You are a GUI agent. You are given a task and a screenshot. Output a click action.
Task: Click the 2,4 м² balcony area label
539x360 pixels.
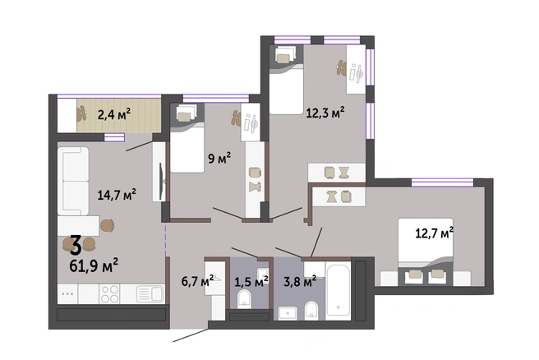coord(114,114)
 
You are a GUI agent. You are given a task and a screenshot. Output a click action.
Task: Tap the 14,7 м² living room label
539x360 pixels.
coord(117,195)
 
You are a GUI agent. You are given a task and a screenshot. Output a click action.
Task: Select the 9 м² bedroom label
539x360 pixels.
coord(219,158)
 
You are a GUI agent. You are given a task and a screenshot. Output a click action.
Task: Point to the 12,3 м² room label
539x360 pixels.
coord(325,113)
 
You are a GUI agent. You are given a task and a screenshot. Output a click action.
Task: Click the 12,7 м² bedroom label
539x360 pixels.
coord(435,233)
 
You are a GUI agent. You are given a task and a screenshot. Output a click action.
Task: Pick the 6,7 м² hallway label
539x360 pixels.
coord(198,282)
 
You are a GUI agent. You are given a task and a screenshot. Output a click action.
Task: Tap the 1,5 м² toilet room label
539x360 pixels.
coord(251,282)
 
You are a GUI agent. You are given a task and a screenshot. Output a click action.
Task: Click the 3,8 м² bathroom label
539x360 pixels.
coord(300,282)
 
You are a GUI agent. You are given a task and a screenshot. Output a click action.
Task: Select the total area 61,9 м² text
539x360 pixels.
coord(94,265)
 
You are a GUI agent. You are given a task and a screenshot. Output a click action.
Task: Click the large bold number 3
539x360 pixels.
coord(76,245)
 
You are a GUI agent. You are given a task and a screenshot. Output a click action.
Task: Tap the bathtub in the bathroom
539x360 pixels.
coord(339,289)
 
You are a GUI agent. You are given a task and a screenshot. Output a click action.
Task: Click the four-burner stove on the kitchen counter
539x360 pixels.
coord(109,294)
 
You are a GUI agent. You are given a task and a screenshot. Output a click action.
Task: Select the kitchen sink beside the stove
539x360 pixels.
coord(150,294)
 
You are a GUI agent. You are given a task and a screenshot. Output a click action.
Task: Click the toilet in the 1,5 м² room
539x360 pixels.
coord(244,299)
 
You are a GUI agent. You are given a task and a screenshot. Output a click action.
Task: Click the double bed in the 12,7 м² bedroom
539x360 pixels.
coord(426,252)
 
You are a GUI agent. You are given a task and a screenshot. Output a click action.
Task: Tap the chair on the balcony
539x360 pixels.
coord(81,113)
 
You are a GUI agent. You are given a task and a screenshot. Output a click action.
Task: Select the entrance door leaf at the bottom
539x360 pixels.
coord(191,335)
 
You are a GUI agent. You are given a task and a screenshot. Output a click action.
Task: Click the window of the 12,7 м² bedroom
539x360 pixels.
coord(442,182)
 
